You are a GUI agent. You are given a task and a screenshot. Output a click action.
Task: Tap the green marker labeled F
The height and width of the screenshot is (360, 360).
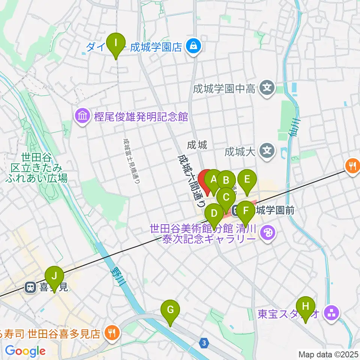[246, 211]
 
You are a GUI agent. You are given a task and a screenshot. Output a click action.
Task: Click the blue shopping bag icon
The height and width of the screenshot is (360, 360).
[194, 47]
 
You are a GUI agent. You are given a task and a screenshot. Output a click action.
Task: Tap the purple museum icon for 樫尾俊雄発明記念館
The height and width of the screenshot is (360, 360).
[82, 117]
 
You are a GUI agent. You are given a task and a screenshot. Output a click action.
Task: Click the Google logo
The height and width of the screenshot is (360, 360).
[25, 351]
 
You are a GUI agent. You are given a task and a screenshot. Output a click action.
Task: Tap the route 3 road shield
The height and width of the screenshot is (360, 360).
[204, 343]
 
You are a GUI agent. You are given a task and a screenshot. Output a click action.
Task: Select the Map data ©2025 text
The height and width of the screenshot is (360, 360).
[328, 354]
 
